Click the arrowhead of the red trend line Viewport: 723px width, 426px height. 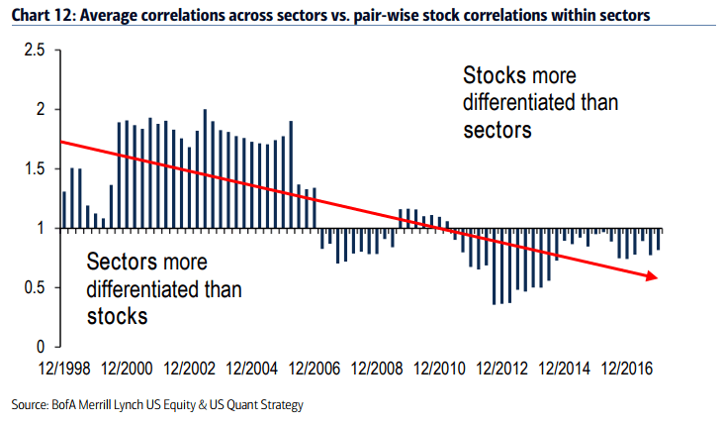[652, 277]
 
